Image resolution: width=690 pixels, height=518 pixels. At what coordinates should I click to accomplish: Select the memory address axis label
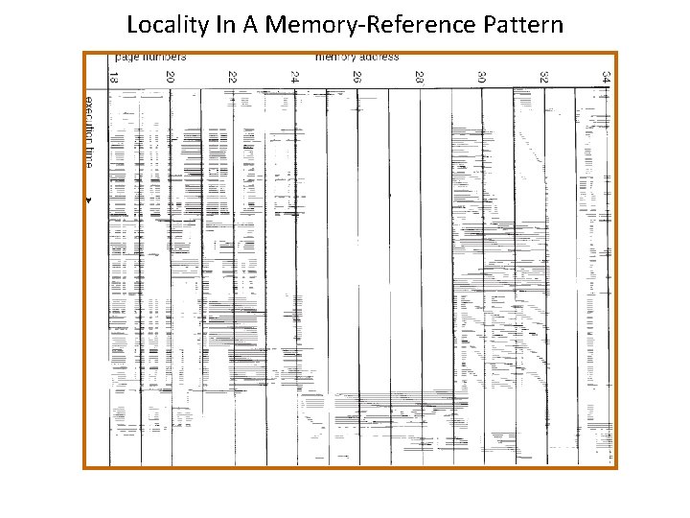pyautogui.click(x=356, y=57)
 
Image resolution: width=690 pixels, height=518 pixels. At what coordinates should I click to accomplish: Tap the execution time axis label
pyautogui.click(x=87, y=132)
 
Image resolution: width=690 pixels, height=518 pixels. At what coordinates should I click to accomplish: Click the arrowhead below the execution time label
pyautogui.click(x=87, y=200)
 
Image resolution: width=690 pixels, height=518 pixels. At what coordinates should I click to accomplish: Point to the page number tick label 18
pyautogui.click(x=113, y=77)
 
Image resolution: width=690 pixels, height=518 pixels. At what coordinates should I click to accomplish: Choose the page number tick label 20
pyautogui.click(x=170, y=77)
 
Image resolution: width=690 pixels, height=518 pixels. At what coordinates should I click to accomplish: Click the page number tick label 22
pyautogui.click(x=232, y=77)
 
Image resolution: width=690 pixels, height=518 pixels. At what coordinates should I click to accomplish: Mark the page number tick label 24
pyautogui.click(x=294, y=77)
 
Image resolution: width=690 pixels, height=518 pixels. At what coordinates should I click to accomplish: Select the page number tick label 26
pyautogui.click(x=356, y=77)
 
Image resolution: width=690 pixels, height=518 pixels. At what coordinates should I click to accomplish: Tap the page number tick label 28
pyautogui.click(x=419, y=77)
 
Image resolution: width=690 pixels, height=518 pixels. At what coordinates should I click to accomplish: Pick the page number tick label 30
pyautogui.click(x=481, y=77)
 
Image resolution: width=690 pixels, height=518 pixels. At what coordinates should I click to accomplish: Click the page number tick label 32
pyautogui.click(x=543, y=77)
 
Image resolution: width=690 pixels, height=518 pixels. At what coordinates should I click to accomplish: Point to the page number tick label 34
pyautogui.click(x=606, y=77)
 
